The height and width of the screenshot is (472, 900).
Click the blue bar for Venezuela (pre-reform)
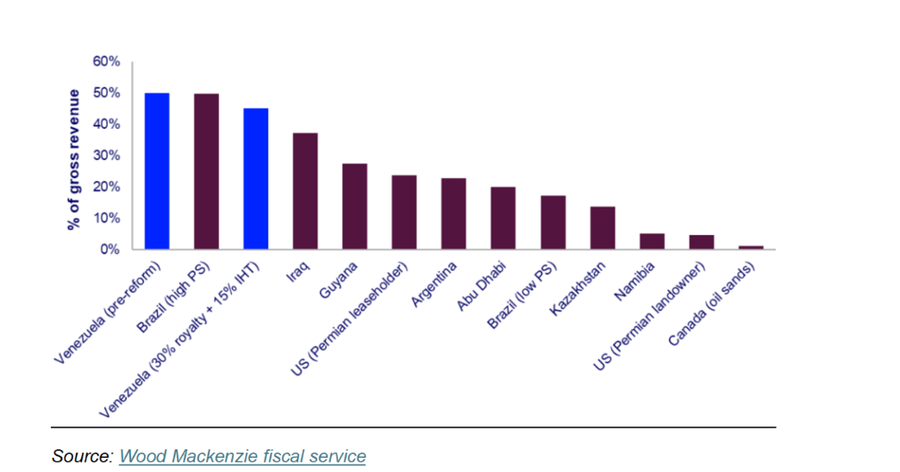click(x=157, y=171)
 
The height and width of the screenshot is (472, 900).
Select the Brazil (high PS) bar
click(x=206, y=171)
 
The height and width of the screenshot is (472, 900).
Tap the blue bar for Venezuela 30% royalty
click(x=255, y=179)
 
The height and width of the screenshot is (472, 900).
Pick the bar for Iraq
click(x=305, y=191)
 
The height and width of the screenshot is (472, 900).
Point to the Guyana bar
click(x=354, y=206)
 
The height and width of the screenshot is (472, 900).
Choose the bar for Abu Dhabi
click(x=503, y=218)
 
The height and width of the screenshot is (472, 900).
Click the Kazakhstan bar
click(x=602, y=228)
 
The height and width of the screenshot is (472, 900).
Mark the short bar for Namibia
click(x=652, y=241)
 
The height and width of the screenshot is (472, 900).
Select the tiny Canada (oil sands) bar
click(x=750, y=247)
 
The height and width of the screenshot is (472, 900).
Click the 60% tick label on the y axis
click(x=106, y=62)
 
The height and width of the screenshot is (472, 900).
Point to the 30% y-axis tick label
click(x=106, y=156)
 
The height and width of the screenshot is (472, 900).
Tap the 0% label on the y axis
click(x=109, y=249)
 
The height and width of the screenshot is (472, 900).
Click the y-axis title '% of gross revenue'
click(x=73, y=159)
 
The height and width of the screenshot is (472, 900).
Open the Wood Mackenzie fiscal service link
click(x=242, y=456)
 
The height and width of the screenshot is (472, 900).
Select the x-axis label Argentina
click(x=433, y=284)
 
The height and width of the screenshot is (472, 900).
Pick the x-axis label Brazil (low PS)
click(x=521, y=295)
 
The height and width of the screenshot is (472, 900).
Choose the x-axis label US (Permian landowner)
click(x=648, y=316)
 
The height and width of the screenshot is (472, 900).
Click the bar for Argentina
click(x=453, y=214)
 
